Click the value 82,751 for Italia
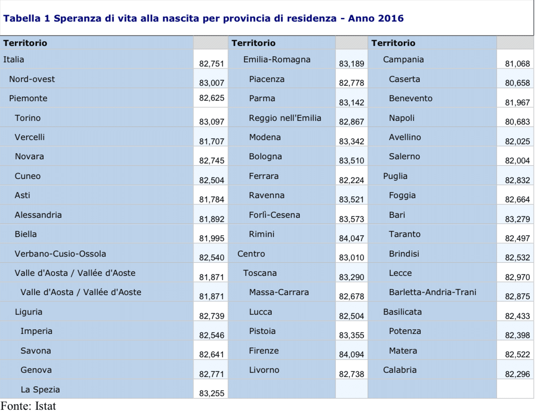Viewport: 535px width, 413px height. pyautogui.click(x=212, y=64)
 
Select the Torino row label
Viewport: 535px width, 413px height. pyautogui.click(x=28, y=118)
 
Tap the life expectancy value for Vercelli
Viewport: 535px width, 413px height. pyautogui.click(x=212, y=141)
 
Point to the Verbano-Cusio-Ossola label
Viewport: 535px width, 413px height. pyautogui.click(x=60, y=254)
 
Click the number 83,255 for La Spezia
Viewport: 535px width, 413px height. pyautogui.click(x=212, y=394)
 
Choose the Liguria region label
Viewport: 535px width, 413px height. pyautogui.click(x=29, y=312)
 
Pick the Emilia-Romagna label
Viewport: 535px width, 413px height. pyautogui.click(x=277, y=59)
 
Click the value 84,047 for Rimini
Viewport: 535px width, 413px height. pyautogui.click(x=351, y=238)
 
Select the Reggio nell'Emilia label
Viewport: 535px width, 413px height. pyautogui.click(x=285, y=118)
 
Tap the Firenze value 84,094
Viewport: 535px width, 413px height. pyautogui.click(x=351, y=355)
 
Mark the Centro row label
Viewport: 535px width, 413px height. pyautogui.click(x=251, y=254)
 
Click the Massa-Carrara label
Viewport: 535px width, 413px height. pyautogui.click(x=279, y=293)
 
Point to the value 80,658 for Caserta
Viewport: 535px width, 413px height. pyautogui.click(x=517, y=83)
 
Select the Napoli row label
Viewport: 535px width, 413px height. pyautogui.click(x=401, y=118)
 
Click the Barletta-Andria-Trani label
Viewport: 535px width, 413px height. pyautogui.click(x=432, y=293)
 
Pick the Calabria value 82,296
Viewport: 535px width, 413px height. pyautogui.click(x=517, y=375)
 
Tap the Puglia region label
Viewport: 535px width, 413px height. pyautogui.click(x=395, y=176)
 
